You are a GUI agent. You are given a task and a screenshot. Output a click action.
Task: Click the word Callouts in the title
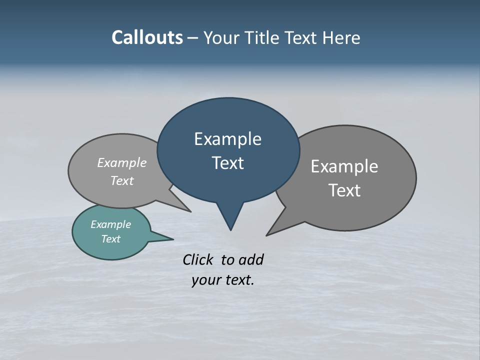coord(147,37)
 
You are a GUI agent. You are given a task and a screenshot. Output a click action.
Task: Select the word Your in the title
coord(221,37)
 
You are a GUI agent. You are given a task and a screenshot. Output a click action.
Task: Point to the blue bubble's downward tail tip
coord(230,229)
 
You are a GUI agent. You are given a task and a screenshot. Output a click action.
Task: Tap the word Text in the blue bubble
coord(228,162)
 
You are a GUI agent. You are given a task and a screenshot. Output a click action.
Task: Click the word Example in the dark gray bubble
coord(344,166)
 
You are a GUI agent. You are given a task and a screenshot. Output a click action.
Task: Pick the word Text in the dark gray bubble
coord(344,190)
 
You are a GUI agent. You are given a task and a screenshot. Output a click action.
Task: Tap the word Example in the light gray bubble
coord(122,162)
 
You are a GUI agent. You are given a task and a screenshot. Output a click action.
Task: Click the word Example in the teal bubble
coord(110,224)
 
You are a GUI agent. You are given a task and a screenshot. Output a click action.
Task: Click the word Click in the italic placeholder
coord(199,259)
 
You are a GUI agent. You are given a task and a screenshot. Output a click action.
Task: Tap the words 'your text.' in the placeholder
coord(223,280)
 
